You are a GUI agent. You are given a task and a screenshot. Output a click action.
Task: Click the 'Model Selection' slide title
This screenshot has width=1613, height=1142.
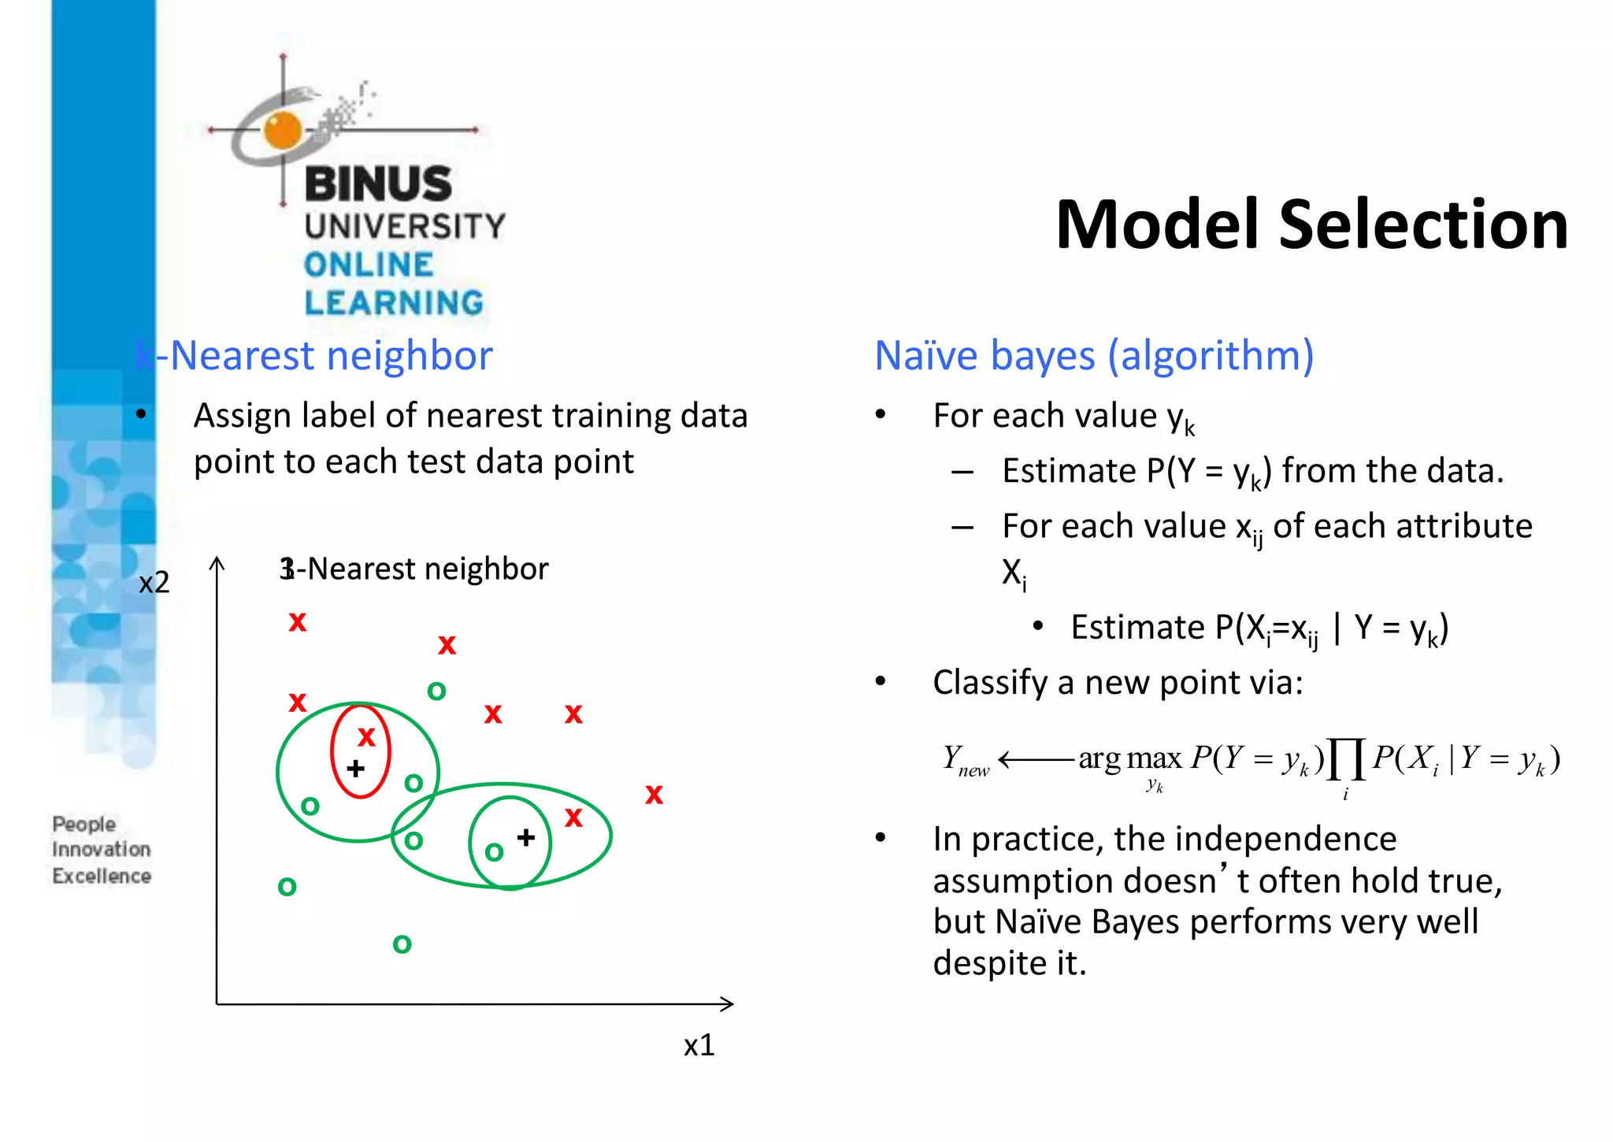tap(1311, 225)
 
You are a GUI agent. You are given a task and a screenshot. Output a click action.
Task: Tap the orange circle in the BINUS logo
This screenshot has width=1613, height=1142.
tap(283, 130)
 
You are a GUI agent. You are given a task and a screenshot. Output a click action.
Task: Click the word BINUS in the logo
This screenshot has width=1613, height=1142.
tap(378, 184)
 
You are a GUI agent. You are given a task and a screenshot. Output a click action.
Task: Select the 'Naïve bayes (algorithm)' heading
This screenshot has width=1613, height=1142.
tap(1094, 355)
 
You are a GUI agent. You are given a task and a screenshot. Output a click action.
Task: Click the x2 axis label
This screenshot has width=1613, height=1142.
tap(154, 583)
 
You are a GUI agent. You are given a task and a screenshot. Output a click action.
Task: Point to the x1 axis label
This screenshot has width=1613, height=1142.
tap(699, 1045)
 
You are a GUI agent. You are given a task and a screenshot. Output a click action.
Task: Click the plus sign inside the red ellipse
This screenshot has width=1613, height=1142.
tap(355, 768)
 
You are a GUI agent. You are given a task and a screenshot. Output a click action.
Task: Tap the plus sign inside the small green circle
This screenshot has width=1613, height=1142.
tap(526, 837)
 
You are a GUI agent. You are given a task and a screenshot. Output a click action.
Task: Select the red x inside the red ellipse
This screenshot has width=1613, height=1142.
tap(366, 737)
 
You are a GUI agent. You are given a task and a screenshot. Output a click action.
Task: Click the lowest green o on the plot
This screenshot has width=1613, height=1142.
tap(402, 944)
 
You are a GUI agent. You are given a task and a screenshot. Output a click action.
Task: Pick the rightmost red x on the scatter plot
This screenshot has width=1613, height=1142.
tap(654, 795)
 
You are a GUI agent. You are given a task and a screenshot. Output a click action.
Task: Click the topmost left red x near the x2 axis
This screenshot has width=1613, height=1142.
tap(297, 622)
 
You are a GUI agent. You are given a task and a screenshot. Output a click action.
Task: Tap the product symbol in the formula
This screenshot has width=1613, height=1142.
tap(1345, 759)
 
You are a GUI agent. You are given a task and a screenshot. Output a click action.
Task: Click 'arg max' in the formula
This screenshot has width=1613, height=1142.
tap(1130, 758)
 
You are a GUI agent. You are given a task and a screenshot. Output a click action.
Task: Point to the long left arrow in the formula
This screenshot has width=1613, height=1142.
tap(1036, 759)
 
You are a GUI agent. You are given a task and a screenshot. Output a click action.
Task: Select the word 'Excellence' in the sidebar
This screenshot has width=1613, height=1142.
tap(102, 876)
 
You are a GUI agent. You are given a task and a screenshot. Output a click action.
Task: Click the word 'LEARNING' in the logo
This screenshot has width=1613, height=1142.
tap(394, 303)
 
